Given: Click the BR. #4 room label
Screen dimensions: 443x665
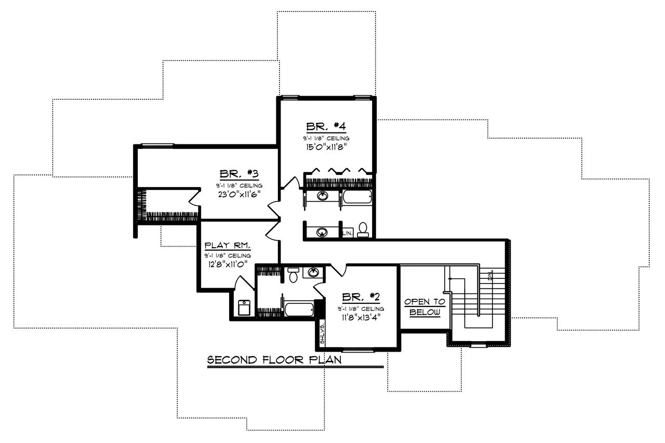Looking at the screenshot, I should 326,127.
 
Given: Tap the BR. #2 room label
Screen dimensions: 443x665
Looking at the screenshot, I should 361,297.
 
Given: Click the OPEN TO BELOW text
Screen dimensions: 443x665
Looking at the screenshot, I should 424,307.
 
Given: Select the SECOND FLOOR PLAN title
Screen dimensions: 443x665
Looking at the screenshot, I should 274,360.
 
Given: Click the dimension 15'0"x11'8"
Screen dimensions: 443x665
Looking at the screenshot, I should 326,147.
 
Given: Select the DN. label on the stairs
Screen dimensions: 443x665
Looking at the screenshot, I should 490,275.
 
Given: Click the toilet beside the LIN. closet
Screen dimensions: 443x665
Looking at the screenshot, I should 363,230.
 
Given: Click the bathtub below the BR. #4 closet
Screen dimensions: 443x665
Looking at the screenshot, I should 356,197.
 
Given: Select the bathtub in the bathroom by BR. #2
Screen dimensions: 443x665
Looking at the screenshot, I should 298,310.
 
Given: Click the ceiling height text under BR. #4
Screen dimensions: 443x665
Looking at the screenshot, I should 326,138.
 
